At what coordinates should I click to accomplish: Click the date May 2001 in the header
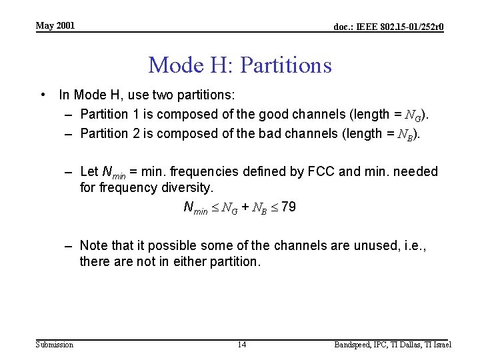click(x=55, y=26)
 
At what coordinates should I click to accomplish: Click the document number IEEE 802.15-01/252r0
click(x=389, y=27)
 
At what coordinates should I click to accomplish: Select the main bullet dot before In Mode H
click(x=43, y=95)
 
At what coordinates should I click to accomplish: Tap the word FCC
click(x=322, y=172)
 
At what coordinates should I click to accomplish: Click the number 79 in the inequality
click(x=289, y=207)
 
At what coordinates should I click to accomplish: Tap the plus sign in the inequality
click(x=245, y=207)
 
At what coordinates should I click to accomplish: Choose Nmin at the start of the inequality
click(x=195, y=207)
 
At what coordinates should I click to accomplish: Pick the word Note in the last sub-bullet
click(x=95, y=245)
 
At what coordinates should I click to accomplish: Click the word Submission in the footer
click(x=55, y=345)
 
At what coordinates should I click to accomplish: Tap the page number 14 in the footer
click(x=242, y=345)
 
